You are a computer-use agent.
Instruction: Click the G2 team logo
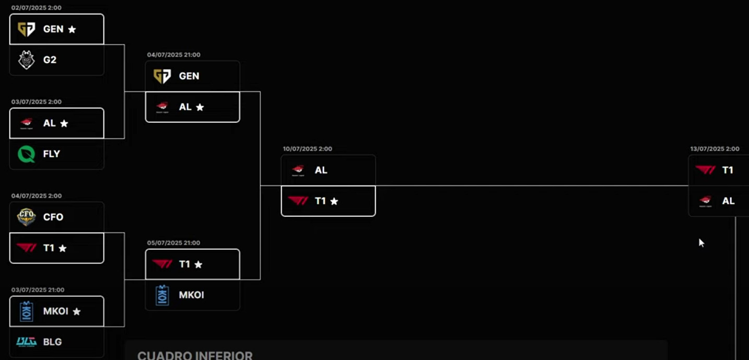click(x=27, y=60)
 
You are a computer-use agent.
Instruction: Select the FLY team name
click(x=52, y=154)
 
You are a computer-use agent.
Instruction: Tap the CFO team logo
click(x=27, y=217)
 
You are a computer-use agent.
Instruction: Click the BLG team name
click(x=52, y=342)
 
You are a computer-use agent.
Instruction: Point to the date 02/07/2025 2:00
click(x=36, y=8)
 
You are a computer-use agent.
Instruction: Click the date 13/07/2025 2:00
click(x=715, y=149)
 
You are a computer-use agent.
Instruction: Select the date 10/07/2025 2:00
click(x=307, y=149)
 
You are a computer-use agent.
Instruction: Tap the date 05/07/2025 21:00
click(x=173, y=243)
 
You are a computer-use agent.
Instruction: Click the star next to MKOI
click(x=77, y=311)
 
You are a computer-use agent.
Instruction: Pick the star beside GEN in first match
click(x=72, y=29)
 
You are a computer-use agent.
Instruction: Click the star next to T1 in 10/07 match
click(x=334, y=201)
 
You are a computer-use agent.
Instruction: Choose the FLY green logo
click(x=27, y=154)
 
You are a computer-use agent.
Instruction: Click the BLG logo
click(x=27, y=342)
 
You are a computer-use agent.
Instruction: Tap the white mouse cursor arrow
click(x=701, y=242)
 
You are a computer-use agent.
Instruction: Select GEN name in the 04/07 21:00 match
click(x=189, y=76)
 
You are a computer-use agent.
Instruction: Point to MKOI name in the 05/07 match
click(x=191, y=295)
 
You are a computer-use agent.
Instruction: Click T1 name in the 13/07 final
click(x=728, y=170)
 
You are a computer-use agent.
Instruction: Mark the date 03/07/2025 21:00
click(x=38, y=290)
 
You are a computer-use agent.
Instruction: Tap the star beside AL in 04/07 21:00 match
click(x=200, y=107)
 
